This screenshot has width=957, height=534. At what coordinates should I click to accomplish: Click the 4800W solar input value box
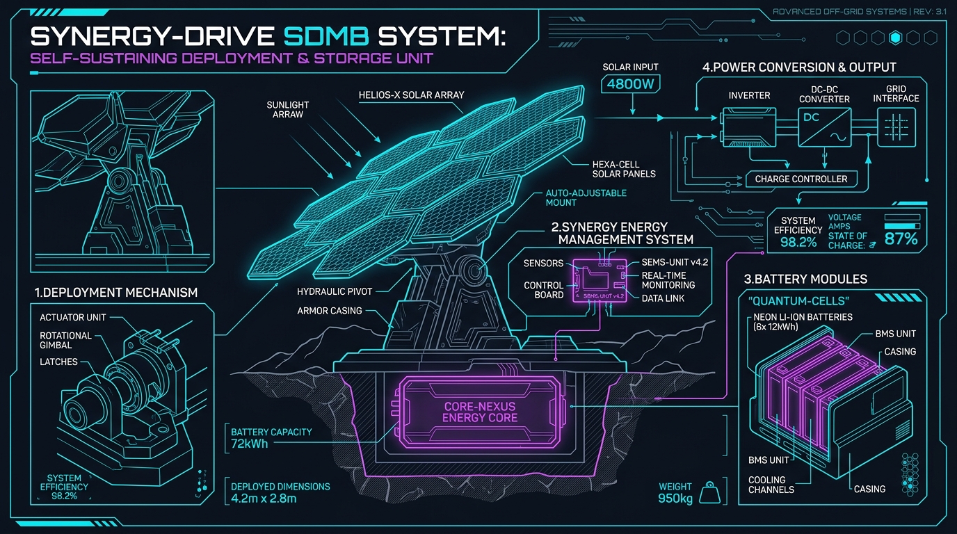pyautogui.click(x=630, y=84)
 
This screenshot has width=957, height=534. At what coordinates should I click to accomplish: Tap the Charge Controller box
pyautogui.click(x=801, y=179)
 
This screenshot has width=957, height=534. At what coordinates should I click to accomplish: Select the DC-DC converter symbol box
pyautogui.click(x=824, y=127)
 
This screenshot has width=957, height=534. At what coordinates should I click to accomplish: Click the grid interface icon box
pyautogui.click(x=896, y=127)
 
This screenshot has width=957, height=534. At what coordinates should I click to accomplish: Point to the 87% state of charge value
pyautogui.click(x=901, y=238)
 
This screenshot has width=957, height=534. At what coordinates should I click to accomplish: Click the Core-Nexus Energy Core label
pyautogui.click(x=480, y=412)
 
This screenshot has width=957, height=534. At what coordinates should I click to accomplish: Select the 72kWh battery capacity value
pyautogui.click(x=250, y=444)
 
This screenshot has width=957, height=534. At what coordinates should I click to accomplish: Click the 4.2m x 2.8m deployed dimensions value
pyautogui.click(x=264, y=499)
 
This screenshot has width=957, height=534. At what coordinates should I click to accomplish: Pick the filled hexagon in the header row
pyautogui.click(x=895, y=38)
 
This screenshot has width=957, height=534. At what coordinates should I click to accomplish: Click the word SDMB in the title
pyautogui.click(x=326, y=36)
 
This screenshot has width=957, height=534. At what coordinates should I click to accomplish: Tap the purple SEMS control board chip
pyautogui.click(x=600, y=281)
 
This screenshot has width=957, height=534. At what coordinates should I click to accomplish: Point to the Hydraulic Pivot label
pyautogui.click(x=335, y=292)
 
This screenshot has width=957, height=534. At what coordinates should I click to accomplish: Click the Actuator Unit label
pyautogui.click(x=72, y=317)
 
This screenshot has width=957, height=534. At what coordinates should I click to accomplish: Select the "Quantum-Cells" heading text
pyautogui.click(x=798, y=301)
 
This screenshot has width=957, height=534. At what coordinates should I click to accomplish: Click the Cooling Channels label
pyautogui.click(x=771, y=485)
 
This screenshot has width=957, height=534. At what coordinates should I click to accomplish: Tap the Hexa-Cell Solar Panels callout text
pyautogui.click(x=624, y=169)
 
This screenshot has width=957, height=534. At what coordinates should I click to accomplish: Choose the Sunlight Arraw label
pyautogui.click(x=287, y=109)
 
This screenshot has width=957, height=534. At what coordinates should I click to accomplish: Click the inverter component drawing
pyautogui.click(x=748, y=127)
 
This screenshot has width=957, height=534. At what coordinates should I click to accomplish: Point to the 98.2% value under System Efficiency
pyautogui.click(x=798, y=243)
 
